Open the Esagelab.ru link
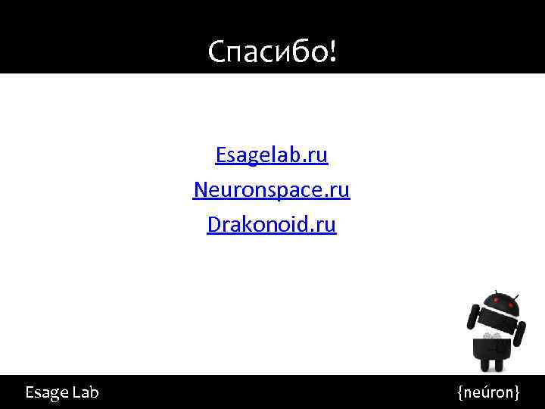pyautogui.click(x=272, y=155)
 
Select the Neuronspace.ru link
pyautogui.click(x=272, y=189)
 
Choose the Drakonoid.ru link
pyautogui.click(x=272, y=225)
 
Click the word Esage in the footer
pyautogui.click(x=45, y=392)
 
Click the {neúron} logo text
pyautogui.click(x=488, y=392)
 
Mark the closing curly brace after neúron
pyautogui.click(x=517, y=392)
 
